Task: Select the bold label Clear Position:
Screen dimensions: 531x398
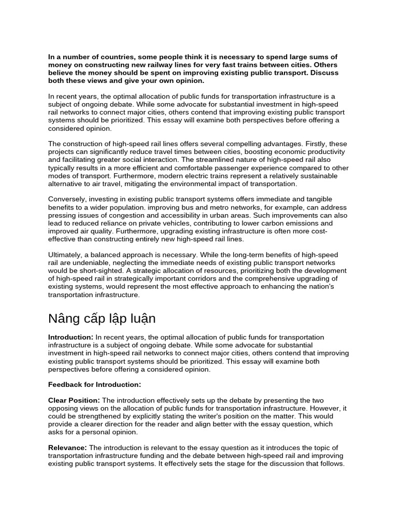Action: click(x=74, y=400)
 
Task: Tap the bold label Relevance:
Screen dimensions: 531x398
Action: click(x=68, y=448)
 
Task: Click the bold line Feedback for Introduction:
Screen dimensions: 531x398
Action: click(x=94, y=384)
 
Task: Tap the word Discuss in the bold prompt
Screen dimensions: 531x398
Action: click(x=324, y=73)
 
